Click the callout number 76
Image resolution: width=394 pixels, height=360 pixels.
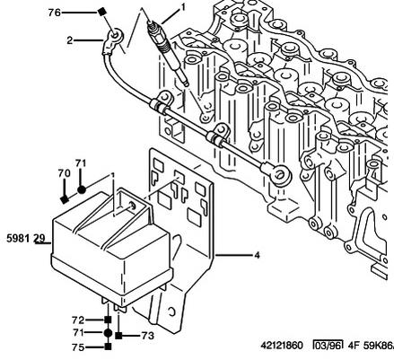[55, 13]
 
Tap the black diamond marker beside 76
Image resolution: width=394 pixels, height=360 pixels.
[102, 12]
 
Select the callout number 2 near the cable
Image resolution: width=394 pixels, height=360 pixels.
[69, 40]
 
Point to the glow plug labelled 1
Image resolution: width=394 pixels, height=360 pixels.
[167, 51]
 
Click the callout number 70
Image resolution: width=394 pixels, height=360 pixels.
[64, 173]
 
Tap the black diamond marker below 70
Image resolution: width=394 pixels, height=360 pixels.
[64, 199]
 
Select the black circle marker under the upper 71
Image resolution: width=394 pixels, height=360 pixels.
[82, 189]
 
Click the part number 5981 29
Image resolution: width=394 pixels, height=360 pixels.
[26, 238]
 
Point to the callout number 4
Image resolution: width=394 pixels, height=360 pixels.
[257, 255]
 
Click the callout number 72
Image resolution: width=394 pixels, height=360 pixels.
[78, 320]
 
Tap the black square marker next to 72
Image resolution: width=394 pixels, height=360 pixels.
[108, 320]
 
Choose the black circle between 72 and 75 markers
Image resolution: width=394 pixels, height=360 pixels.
[108, 332]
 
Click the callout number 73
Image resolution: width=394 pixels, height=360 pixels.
[148, 336]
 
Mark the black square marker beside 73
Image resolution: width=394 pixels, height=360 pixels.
[118, 336]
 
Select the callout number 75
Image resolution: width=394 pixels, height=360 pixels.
[78, 347]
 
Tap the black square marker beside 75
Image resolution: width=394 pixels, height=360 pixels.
[108, 347]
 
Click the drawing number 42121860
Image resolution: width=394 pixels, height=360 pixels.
[282, 346]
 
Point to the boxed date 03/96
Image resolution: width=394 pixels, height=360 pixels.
[328, 345]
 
